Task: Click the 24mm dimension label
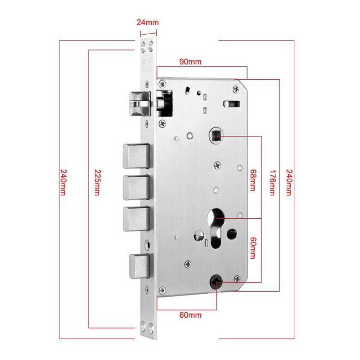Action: point(148,22)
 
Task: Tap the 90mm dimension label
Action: point(190,62)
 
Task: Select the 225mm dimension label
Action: point(98,183)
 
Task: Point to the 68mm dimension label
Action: point(253,180)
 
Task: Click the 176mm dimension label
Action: point(272,183)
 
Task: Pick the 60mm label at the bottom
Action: point(190,315)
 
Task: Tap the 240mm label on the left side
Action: point(63,183)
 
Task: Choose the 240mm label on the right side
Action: point(289,183)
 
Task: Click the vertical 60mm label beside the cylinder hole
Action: point(253,248)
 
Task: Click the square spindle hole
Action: point(217,135)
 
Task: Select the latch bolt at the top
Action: point(140,103)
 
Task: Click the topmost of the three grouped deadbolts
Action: point(136,156)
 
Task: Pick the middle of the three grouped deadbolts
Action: point(136,187)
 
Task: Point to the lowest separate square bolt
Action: point(140,266)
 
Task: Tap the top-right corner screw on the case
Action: point(236,89)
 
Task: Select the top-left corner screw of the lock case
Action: point(162,84)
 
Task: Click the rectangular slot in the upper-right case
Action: point(231,104)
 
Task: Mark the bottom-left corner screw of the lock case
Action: point(162,290)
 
